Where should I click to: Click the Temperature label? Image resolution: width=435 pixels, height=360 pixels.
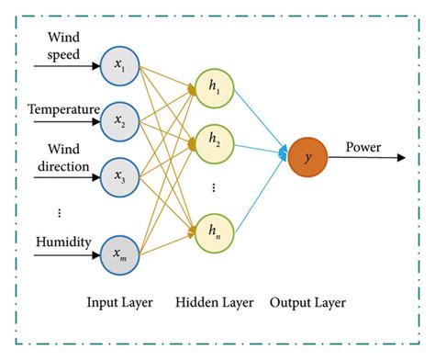pos(63,110)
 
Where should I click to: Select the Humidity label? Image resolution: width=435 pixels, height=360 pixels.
pos(62,242)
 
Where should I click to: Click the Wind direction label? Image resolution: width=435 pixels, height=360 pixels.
pos(62,159)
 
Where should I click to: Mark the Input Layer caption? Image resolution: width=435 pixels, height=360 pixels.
pos(119,302)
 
